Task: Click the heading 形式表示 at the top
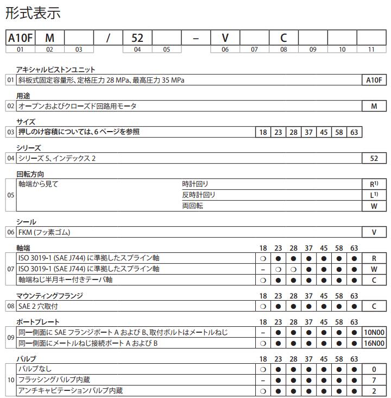click(33, 13)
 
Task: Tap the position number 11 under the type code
click(371, 49)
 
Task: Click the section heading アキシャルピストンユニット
click(56, 70)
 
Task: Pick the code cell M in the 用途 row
click(374, 106)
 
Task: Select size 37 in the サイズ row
click(308, 132)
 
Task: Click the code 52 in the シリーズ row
click(374, 158)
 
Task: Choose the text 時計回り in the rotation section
click(195, 184)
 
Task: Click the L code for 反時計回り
click(374, 195)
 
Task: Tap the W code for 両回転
click(374, 206)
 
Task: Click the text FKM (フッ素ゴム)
click(45, 232)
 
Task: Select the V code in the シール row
click(374, 232)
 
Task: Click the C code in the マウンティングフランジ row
click(374, 306)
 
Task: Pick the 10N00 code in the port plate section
click(374, 332)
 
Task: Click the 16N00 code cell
click(374, 343)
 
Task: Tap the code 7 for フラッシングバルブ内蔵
click(374, 380)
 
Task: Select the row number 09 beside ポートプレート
click(10, 338)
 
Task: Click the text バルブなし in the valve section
click(35, 369)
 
